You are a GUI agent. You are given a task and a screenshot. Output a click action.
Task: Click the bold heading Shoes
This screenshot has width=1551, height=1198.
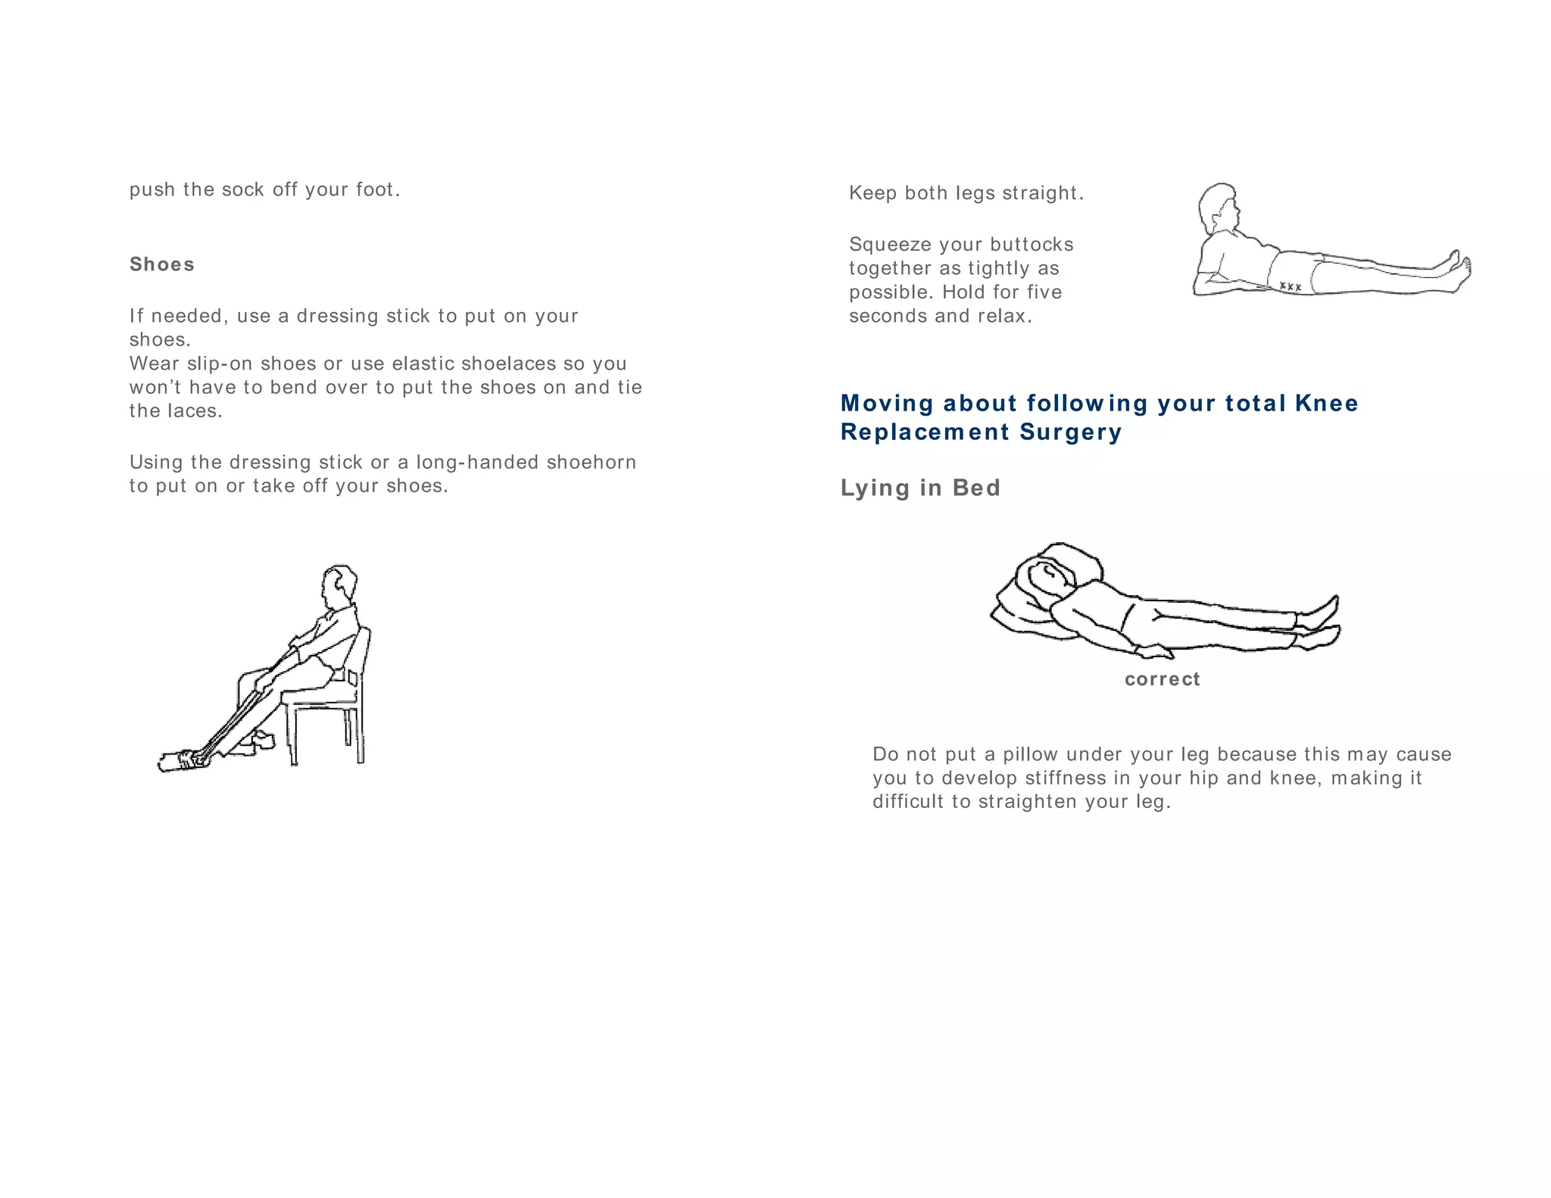[x=161, y=264]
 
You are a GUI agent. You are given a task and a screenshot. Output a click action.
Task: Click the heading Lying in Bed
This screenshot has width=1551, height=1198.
[x=920, y=488]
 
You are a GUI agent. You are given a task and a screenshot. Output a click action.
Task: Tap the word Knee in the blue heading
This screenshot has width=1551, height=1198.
[x=1326, y=403]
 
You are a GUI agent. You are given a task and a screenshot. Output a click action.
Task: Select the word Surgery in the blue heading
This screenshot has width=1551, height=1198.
[x=1070, y=432]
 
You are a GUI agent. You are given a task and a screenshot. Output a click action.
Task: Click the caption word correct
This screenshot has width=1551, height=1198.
[x=1162, y=679]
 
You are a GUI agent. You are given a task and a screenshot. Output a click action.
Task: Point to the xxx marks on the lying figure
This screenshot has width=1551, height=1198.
[x=1290, y=287]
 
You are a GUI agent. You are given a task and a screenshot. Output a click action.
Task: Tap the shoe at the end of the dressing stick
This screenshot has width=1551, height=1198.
[x=180, y=760]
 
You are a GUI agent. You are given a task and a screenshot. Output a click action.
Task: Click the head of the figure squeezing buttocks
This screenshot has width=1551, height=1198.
[x=1218, y=206]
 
